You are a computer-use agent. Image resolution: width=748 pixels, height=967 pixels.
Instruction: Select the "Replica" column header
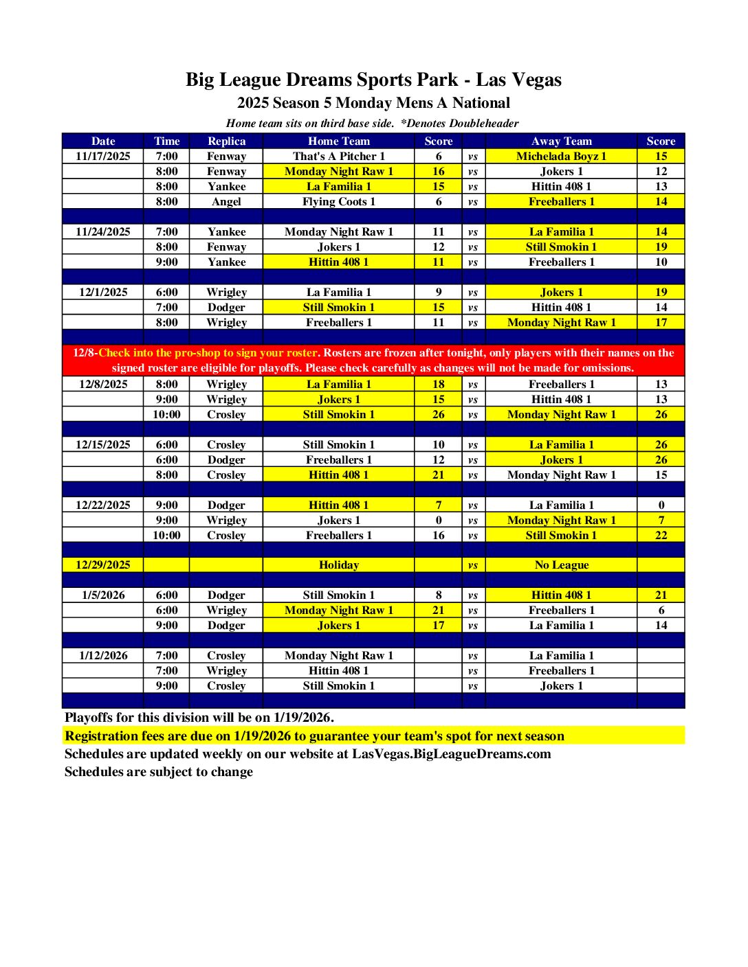226,141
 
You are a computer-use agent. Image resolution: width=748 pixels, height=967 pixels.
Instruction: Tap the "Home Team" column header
338,141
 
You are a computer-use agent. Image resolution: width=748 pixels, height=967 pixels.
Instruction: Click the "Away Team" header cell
561,141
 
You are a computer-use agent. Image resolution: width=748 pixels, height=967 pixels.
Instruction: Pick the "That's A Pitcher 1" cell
338,156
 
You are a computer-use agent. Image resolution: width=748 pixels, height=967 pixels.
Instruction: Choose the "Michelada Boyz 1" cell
561,156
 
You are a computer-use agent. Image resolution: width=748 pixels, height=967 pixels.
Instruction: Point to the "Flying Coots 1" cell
338,201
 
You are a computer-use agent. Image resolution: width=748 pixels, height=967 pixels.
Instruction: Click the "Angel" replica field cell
226,201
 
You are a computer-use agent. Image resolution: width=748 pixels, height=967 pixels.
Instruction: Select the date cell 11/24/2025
103,231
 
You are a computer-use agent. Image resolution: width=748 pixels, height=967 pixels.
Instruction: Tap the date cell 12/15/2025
103,444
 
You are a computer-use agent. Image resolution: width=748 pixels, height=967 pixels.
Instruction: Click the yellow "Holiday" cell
338,565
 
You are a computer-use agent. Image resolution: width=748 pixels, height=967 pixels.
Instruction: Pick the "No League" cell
561,565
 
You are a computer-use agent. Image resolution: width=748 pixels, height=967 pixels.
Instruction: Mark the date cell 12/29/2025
103,565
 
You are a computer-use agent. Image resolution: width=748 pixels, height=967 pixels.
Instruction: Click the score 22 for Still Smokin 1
661,535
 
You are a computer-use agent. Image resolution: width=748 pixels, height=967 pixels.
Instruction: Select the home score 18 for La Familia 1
439,384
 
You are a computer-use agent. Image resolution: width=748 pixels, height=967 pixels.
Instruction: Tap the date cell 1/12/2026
103,655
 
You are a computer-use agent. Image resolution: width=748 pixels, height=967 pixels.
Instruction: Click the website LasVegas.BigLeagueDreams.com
451,753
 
